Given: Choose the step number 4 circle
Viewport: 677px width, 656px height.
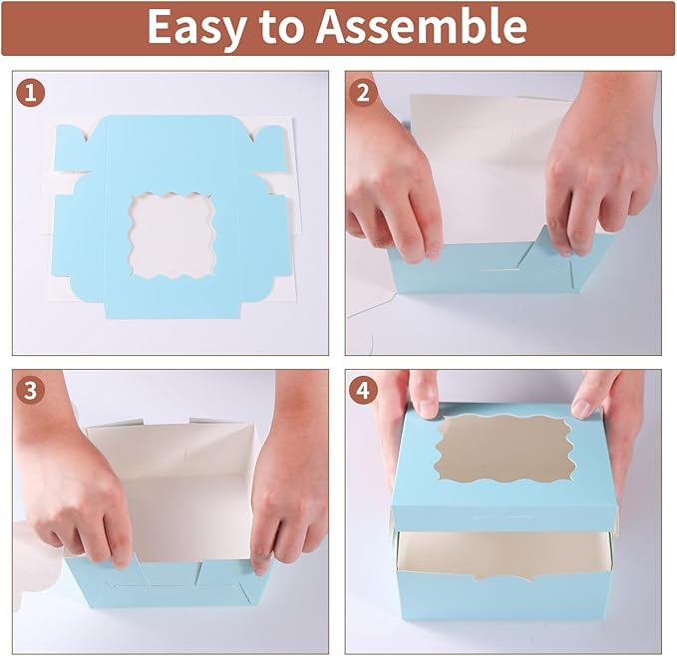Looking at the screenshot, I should click(x=364, y=391).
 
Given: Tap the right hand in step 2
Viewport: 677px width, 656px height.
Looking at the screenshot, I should click(x=598, y=169).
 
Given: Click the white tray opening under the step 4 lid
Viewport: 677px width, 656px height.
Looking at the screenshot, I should click(x=499, y=553).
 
